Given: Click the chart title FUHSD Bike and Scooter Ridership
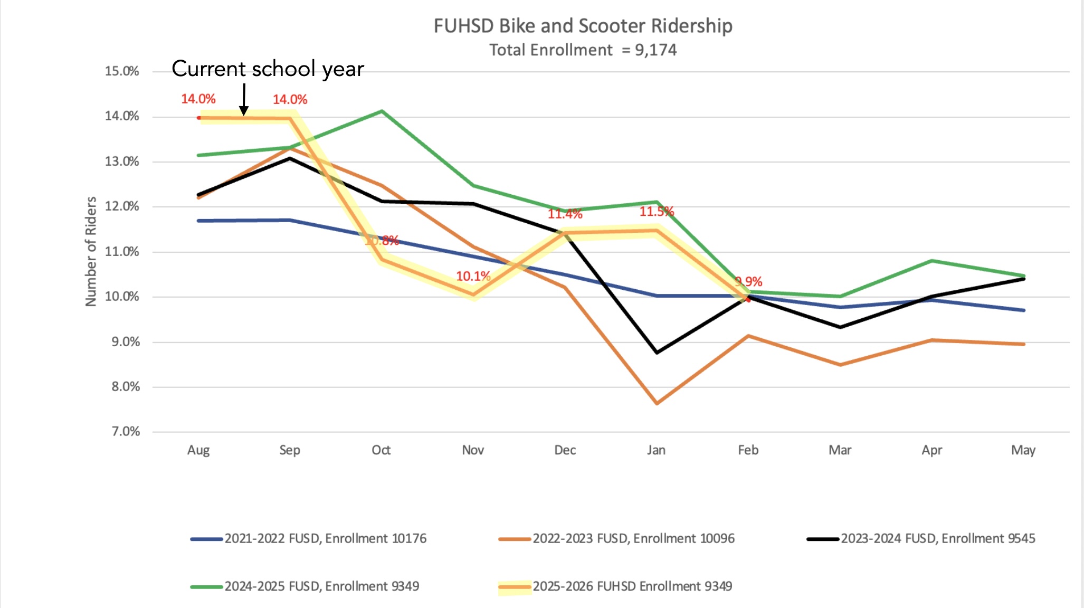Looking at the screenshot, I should pyautogui.click(x=583, y=26).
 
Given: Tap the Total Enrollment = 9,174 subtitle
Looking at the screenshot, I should pyautogui.click(x=583, y=50).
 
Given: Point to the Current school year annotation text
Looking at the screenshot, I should pyautogui.click(x=268, y=69).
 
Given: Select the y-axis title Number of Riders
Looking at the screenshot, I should pyautogui.click(x=91, y=251).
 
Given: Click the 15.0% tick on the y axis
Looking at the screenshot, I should pyautogui.click(x=122, y=71).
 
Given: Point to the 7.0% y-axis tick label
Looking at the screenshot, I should pyautogui.click(x=126, y=432).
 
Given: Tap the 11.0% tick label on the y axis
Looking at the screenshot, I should pyautogui.click(x=122, y=252).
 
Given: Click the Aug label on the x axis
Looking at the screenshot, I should pyautogui.click(x=198, y=450).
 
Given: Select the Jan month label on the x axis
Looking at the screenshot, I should pyautogui.click(x=656, y=450).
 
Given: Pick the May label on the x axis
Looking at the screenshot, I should pyautogui.click(x=1023, y=450).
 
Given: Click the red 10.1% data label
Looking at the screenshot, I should pyautogui.click(x=473, y=276).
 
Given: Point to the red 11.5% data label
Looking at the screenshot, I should pyautogui.click(x=657, y=212).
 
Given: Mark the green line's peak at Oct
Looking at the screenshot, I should pyautogui.click(x=382, y=111).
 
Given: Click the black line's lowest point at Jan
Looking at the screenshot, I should pyautogui.click(x=657, y=353).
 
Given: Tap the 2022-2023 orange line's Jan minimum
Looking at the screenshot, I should pyautogui.click(x=657, y=404).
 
